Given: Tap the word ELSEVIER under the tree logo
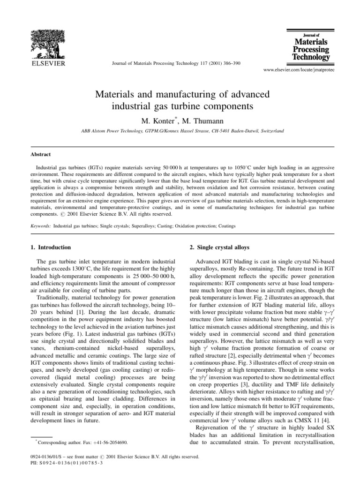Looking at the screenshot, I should point(48,62).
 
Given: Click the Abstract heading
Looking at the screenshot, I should point(41,154).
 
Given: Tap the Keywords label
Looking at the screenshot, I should point(42,226).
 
